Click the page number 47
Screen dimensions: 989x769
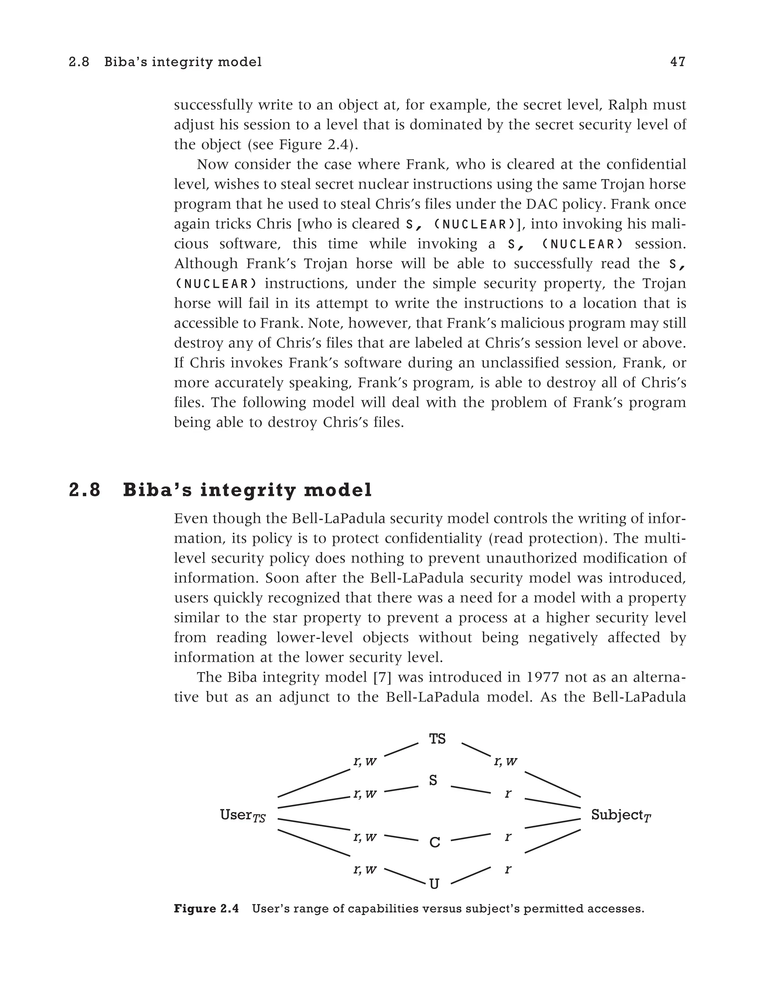[x=678, y=62]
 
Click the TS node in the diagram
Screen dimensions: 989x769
[x=437, y=739]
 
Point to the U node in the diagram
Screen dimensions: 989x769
[x=434, y=884]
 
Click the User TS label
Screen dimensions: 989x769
[x=243, y=815]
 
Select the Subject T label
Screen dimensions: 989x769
[x=621, y=815]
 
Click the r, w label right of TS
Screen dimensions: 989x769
[x=505, y=762]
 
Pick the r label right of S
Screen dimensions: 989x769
[x=508, y=793]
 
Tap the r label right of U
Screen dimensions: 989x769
[x=508, y=869]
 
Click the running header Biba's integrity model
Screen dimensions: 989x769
[x=183, y=62]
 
